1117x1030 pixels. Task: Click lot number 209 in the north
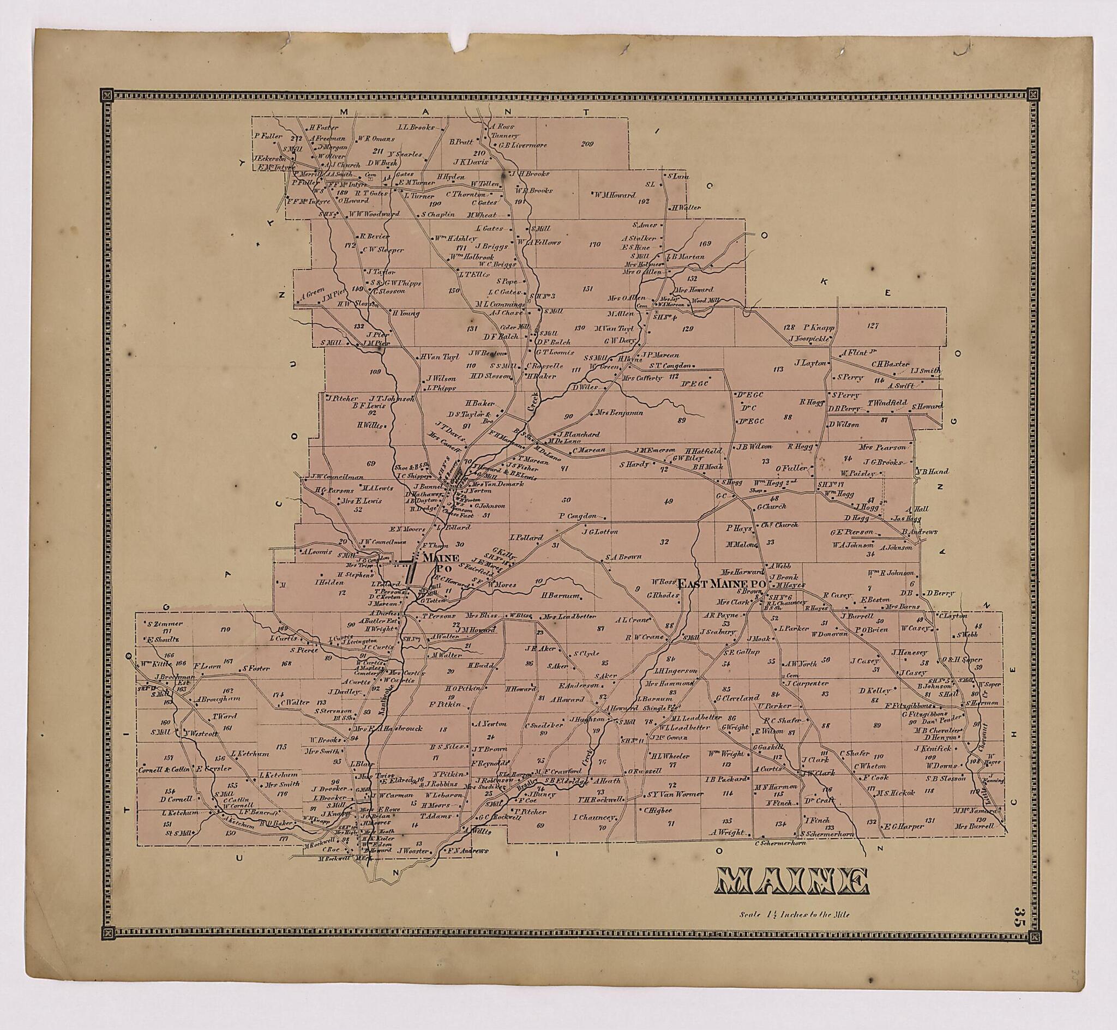[587, 144]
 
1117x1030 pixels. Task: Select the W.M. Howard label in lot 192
[614, 195]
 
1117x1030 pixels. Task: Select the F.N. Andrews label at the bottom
[469, 851]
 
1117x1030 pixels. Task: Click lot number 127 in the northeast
[872, 326]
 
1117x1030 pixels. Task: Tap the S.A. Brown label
[623, 556]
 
